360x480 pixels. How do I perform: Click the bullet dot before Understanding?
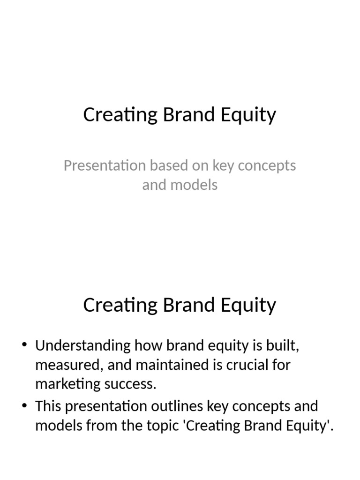tap(25, 346)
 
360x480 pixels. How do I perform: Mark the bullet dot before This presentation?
tap(25, 406)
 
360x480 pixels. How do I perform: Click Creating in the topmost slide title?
tap(120, 115)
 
